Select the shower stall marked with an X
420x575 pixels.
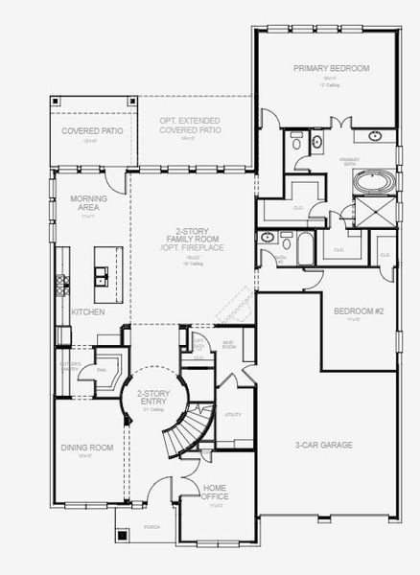(x=368, y=210)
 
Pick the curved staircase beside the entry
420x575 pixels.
(x=188, y=431)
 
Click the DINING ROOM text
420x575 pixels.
(x=87, y=448)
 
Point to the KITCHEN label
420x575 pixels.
(x=87, y=312)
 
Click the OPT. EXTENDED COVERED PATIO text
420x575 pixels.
(x=191, y=125)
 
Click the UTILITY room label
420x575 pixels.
(x=232, y=414)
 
